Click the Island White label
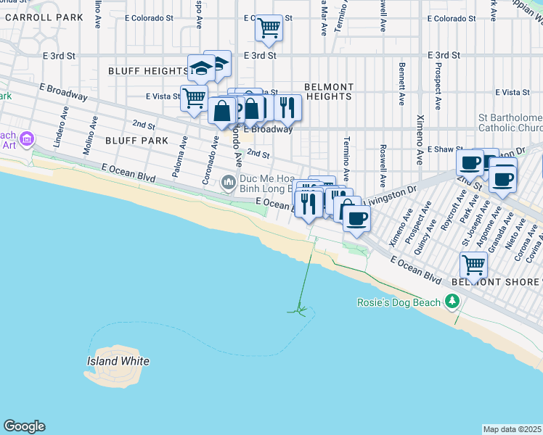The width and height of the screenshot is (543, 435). pos(118,361)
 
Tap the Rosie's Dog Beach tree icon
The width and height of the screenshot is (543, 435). pos(453,300)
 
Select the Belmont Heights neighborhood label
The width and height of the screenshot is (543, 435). pos(328,91)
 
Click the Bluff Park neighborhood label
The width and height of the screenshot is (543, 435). pos(131,140)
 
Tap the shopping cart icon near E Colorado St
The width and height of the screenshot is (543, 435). pos(269,28)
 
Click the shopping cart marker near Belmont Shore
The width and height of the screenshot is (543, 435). pos(473,265)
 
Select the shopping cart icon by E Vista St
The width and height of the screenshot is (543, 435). pos(194,97)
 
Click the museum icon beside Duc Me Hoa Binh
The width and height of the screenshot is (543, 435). pos(229,181)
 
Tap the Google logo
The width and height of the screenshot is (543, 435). pos(24,426)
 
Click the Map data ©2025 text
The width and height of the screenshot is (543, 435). pos(513,429)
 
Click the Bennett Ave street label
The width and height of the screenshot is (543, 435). pos(401,83)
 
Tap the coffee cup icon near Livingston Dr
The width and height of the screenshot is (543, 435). pos(356,217)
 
